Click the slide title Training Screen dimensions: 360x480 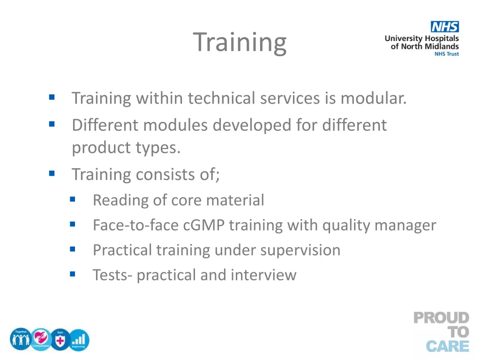pyautogui.click(x=240, y=42)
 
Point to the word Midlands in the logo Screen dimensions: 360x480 pyautogui.click(x=441, y=46)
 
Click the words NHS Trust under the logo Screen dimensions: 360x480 pyautogui.click(x=446, y=54)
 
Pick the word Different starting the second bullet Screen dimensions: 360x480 pyautogui.click(x=105, y=125)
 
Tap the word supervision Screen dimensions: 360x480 pyautogui.click(x=300, y=250)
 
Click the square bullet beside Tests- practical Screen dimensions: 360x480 pyautogui.click(x=72, y=273)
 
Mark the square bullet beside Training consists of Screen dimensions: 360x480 pyautogui.click(x=52, y=173)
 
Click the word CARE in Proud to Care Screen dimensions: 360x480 pyautogui.click(x=448, y=346)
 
